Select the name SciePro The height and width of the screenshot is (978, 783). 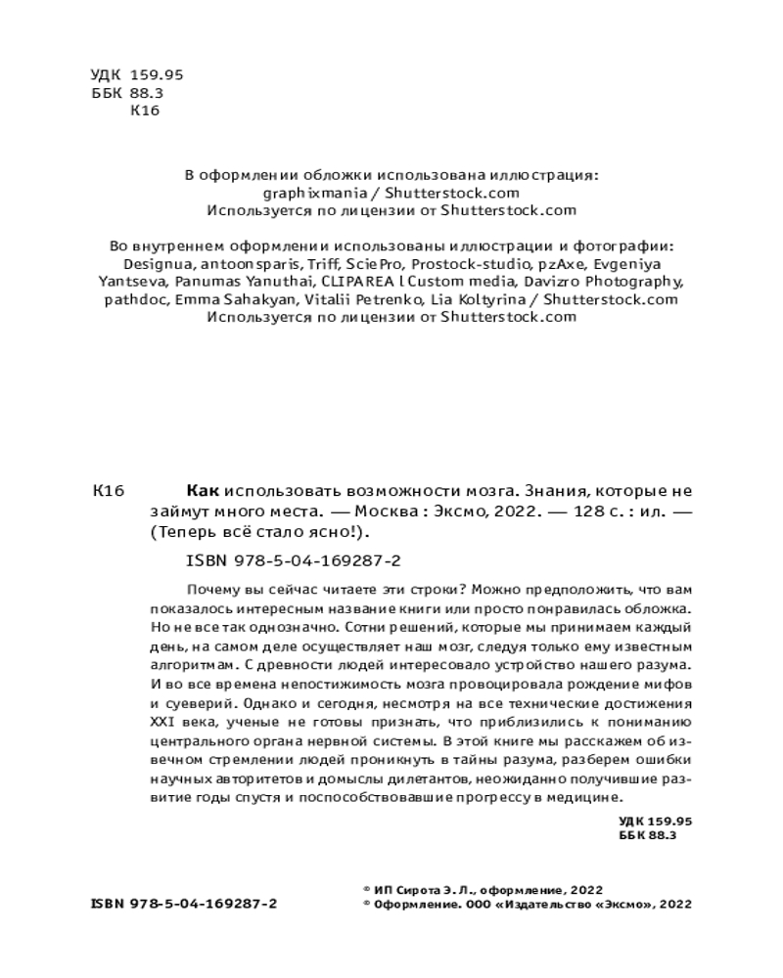coord(376,264)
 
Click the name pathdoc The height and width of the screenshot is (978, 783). coord(136,299)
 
